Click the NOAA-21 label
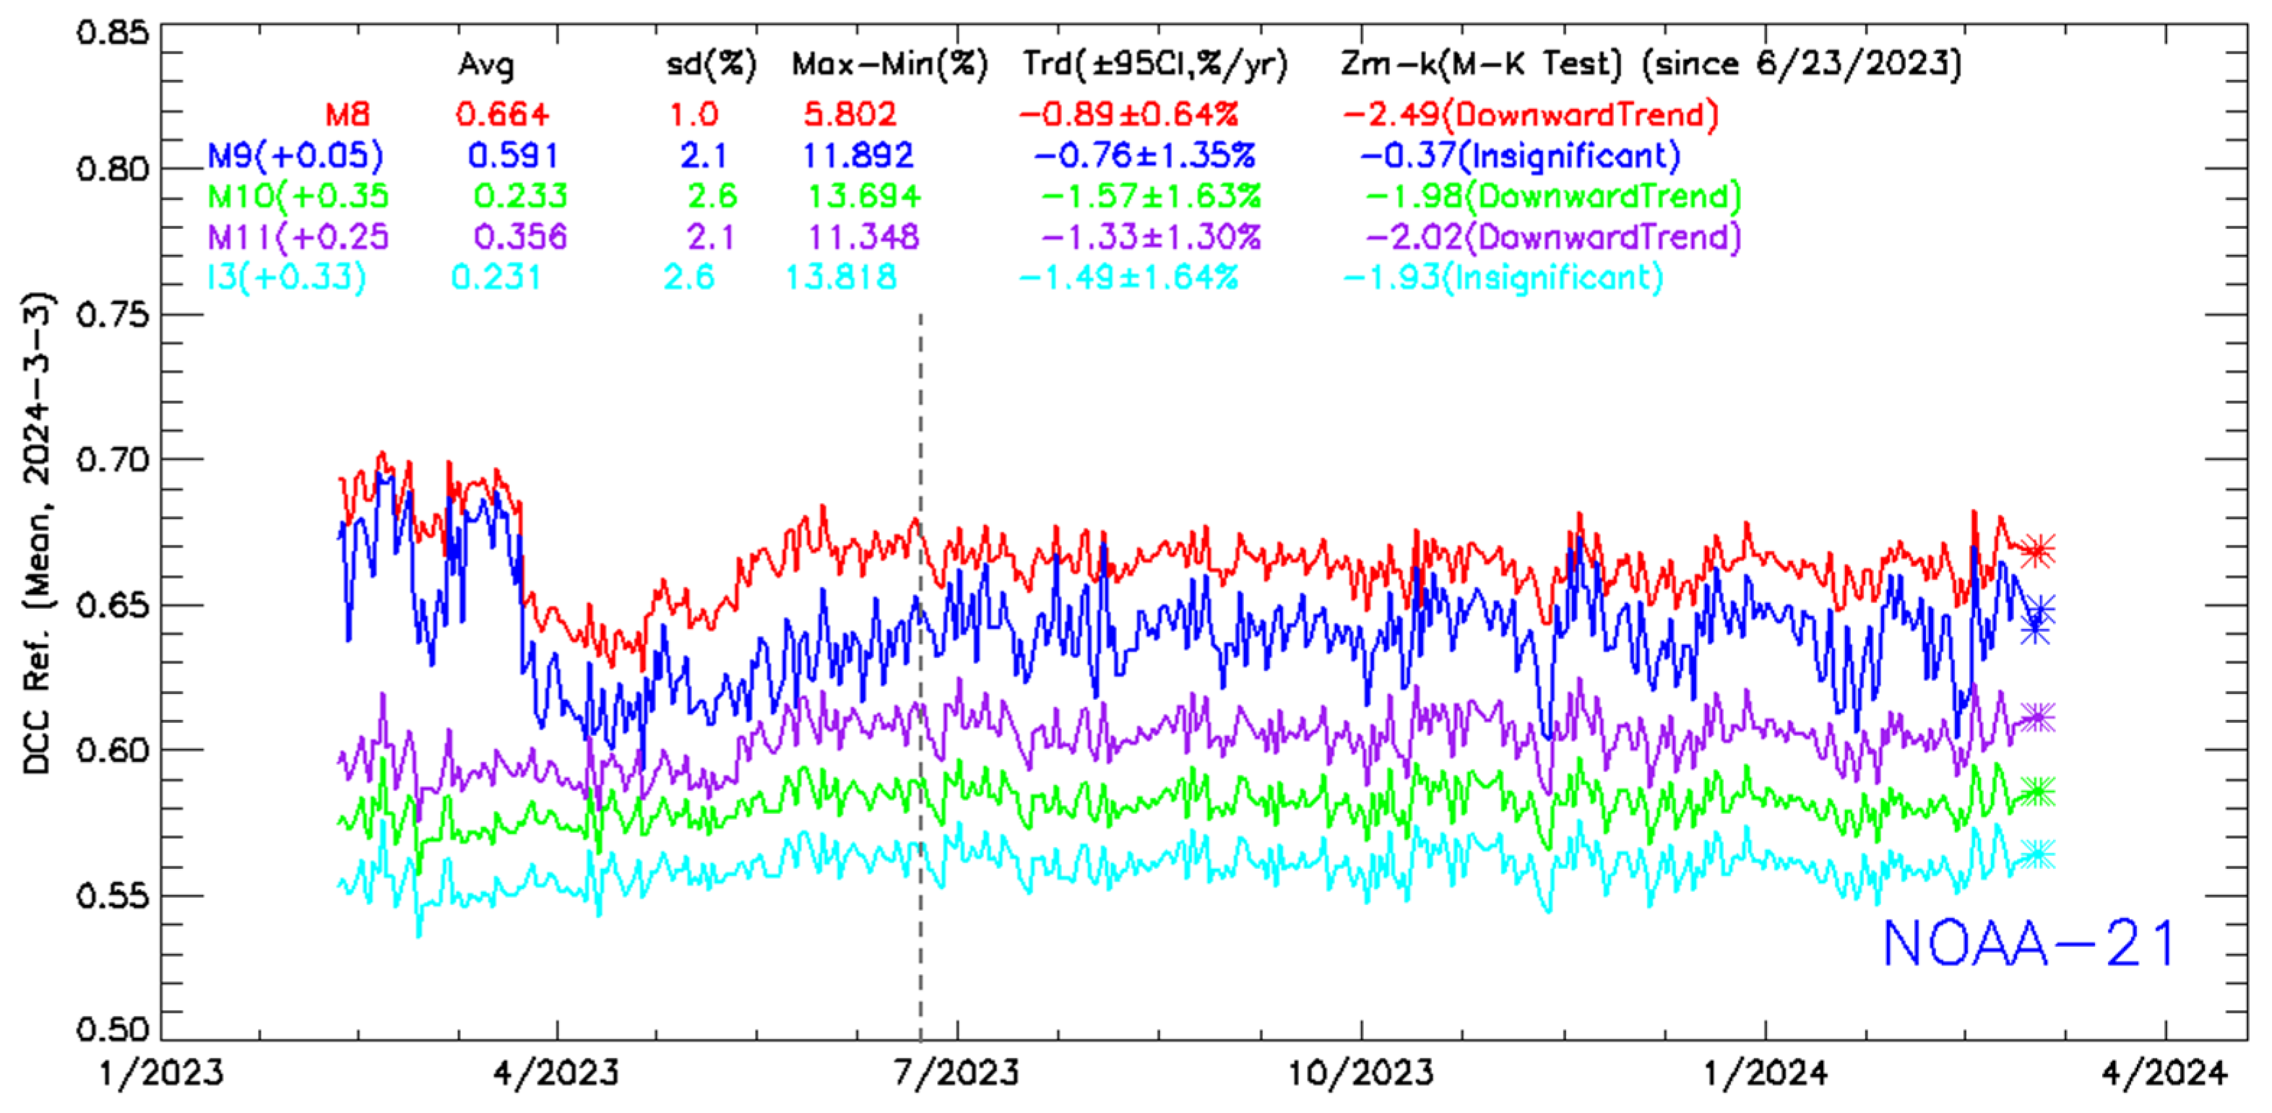tap(2028, 944)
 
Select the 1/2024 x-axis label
tap(1765, 1073)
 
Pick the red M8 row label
tap(347, 115)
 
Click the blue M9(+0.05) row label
tap(295, 156)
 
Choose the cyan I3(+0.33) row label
tap(286, 278)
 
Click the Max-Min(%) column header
tap(889, 64)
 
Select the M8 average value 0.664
tap(502, 115)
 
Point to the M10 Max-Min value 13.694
tap(864, 196)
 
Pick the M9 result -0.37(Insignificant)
tap(1520, 156)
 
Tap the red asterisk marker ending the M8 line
tap(2036, 551)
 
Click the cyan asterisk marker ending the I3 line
tap(2036, 854)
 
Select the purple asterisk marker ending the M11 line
tap(2036, 718)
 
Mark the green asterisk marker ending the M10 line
tap(2036, 791)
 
